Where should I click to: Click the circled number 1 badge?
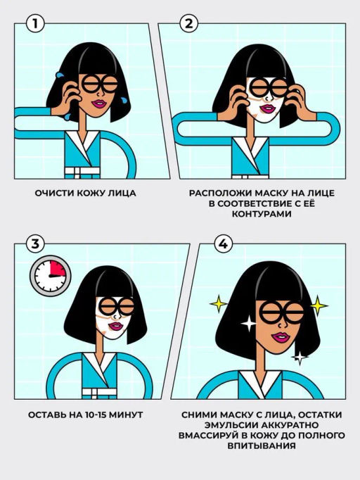point(35,24)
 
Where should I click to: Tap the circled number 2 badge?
point(188,24)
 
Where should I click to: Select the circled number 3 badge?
point(35,244)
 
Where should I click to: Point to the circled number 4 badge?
point(223,244)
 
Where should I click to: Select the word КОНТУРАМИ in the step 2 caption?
point(262,214)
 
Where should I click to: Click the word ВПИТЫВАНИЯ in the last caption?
point(262,446)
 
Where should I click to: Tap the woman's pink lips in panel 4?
point(281,337)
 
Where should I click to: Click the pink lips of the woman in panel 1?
point(100,103)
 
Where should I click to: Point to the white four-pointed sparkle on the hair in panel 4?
point(248,323)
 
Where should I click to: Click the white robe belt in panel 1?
point(82,170)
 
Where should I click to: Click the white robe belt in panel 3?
point(99,391)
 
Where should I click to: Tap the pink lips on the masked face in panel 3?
point(116,326)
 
